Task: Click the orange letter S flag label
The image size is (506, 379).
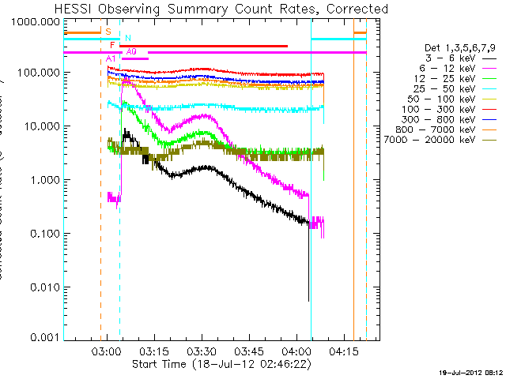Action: point(108,32)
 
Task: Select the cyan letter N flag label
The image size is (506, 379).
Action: point(128,38)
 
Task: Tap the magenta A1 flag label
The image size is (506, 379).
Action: point(111,59)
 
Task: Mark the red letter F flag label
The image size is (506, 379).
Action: point(112,46)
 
